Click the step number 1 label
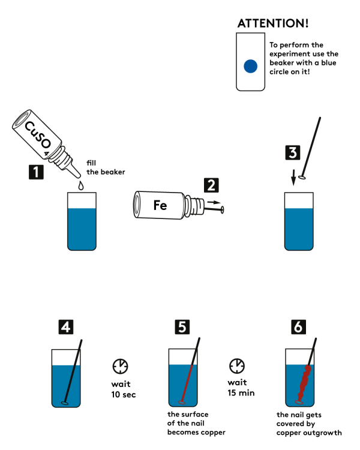pyautogui.click(x=36, y=173)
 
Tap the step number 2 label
pyautogui.click(x=211, y=185)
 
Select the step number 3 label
pyautogui.click(x=292, y=152)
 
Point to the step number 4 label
pyautogui.click(x=66, y=327)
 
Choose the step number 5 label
pyautogui.click(x=182, y=327)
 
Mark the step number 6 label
pyautogui.click(x=298, y=327)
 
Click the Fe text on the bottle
pyautogui.click(x=160, y=205)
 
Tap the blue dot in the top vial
pyautogui.click(x=250, y=65)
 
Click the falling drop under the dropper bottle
pyautogui.click(x=82, y=185)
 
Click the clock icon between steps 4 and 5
pyautogui.click(x=121, y=365)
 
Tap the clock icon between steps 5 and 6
pyautogui.click(x=237, y=365)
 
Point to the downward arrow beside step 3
pyautogui.click(x=293, y=178)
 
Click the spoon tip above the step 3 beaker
pyautogui.click(x=302, y=177)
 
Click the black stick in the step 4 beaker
pyautogui.click(x=73, y=378)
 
